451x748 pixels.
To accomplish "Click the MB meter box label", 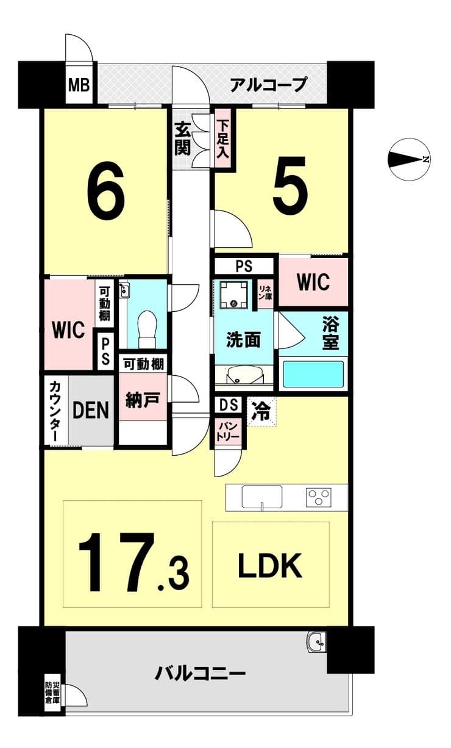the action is pyautogui.click(x=79, y=85).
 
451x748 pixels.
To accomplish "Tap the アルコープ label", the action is pyautogui.click(x=268, y=85).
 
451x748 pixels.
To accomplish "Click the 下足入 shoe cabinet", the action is pyautogui.click(x=222, y=139).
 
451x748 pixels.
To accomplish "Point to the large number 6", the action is pyautogui.click(x=106, y=191).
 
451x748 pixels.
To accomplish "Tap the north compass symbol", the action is pyautogui.click(x=410, y=159).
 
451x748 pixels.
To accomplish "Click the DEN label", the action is pyautogui.click(x=91, y=410).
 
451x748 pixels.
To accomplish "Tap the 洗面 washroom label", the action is pyautogui.click(x=243, y=340).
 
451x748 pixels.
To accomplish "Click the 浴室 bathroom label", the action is pyautogui.click(x=330, y=333).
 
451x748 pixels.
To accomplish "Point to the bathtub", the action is pyautogui.click(x=313, y=374).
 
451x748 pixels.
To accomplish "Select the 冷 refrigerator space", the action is pyautogui.click(x=261, y=412).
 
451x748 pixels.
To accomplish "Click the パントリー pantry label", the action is pyautogui.click(x=228, y=431).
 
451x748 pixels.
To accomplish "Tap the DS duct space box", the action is pyautogui.click(x=229, y=405).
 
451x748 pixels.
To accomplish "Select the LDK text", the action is pyautogui.click(x=270, y=566).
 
